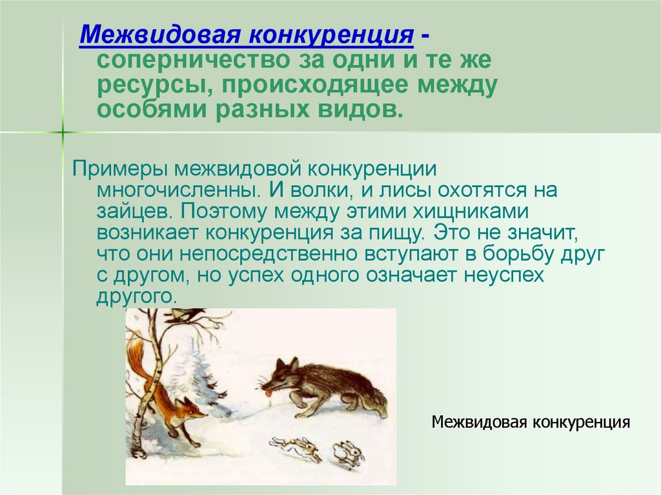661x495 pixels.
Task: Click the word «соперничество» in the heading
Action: [194, 60]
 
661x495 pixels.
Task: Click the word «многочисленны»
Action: [178, 191]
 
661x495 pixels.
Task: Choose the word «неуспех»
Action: [504, 276]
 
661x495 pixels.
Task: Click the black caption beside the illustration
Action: [531, 421]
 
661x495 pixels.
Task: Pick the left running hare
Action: [296, 448]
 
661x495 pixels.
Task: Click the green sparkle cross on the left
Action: [63, 132]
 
